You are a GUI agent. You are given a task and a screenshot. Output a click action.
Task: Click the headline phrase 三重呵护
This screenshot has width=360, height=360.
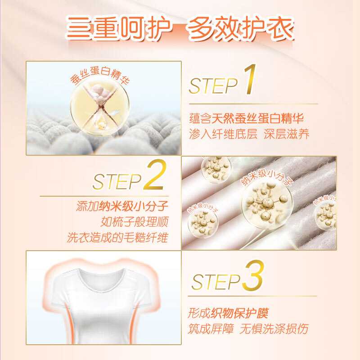tap(119, 27)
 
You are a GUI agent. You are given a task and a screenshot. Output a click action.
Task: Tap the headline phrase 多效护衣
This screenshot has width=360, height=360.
tap(241, 27)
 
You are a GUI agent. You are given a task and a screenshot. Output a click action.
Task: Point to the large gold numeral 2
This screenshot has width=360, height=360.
tap(155, 175)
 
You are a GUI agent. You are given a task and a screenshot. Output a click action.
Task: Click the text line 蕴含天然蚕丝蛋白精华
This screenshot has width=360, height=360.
tap(246, 118)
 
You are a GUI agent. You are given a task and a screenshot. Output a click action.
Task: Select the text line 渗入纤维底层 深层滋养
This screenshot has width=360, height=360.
tap(249, 134)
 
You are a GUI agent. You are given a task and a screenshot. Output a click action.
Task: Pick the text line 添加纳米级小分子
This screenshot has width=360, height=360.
tap(122, 206)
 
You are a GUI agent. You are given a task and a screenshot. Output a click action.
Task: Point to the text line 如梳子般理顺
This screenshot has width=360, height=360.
tap(135, 221)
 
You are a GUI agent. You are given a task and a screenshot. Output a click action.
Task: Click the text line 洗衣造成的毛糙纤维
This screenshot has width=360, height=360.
tap(117, 238)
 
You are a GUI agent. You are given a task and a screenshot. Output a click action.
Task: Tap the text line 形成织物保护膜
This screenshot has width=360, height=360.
tap(228, 313)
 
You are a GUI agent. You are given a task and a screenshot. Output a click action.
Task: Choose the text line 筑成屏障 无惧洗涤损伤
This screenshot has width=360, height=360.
tap(248, 329)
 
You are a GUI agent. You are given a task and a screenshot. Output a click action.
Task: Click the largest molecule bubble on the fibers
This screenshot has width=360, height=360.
tap(267, 204)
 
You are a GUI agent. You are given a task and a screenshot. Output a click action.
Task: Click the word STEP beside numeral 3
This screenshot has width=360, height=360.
tap(216, 282)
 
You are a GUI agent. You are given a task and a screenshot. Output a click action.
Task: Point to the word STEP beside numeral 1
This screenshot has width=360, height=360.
tap(213, 86)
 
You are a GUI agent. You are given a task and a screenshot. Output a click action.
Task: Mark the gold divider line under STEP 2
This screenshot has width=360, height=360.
tap(104, 196)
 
